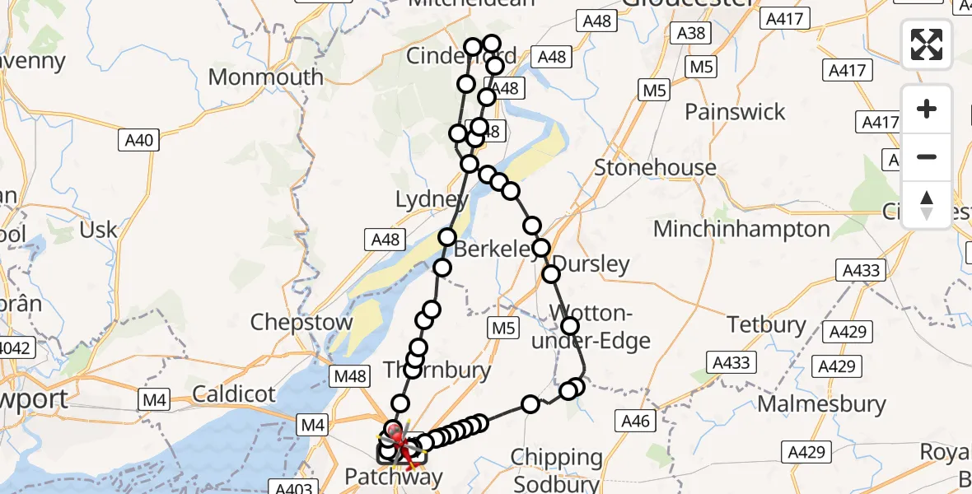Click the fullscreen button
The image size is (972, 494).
[x=927, y=44]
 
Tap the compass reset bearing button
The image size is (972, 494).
[x=927, y=203]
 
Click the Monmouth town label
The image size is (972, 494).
[x=266, y=77]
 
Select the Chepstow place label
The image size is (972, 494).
[x=301, y=321]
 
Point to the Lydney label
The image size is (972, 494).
[x=432, y=199]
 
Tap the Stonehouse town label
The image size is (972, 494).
[x=656, y=168]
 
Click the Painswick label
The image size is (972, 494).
[x=736, y=112]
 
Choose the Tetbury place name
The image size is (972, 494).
[x=766, y=324]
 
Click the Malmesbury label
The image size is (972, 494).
[x=821, y=404]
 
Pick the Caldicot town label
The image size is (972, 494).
[x=234, y=394]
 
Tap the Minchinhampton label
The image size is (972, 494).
[x=741, y=228]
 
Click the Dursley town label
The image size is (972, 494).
[x=591, y=264]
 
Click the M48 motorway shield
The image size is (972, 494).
[x=349, y=376]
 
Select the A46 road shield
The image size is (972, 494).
[x=636, y=422]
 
